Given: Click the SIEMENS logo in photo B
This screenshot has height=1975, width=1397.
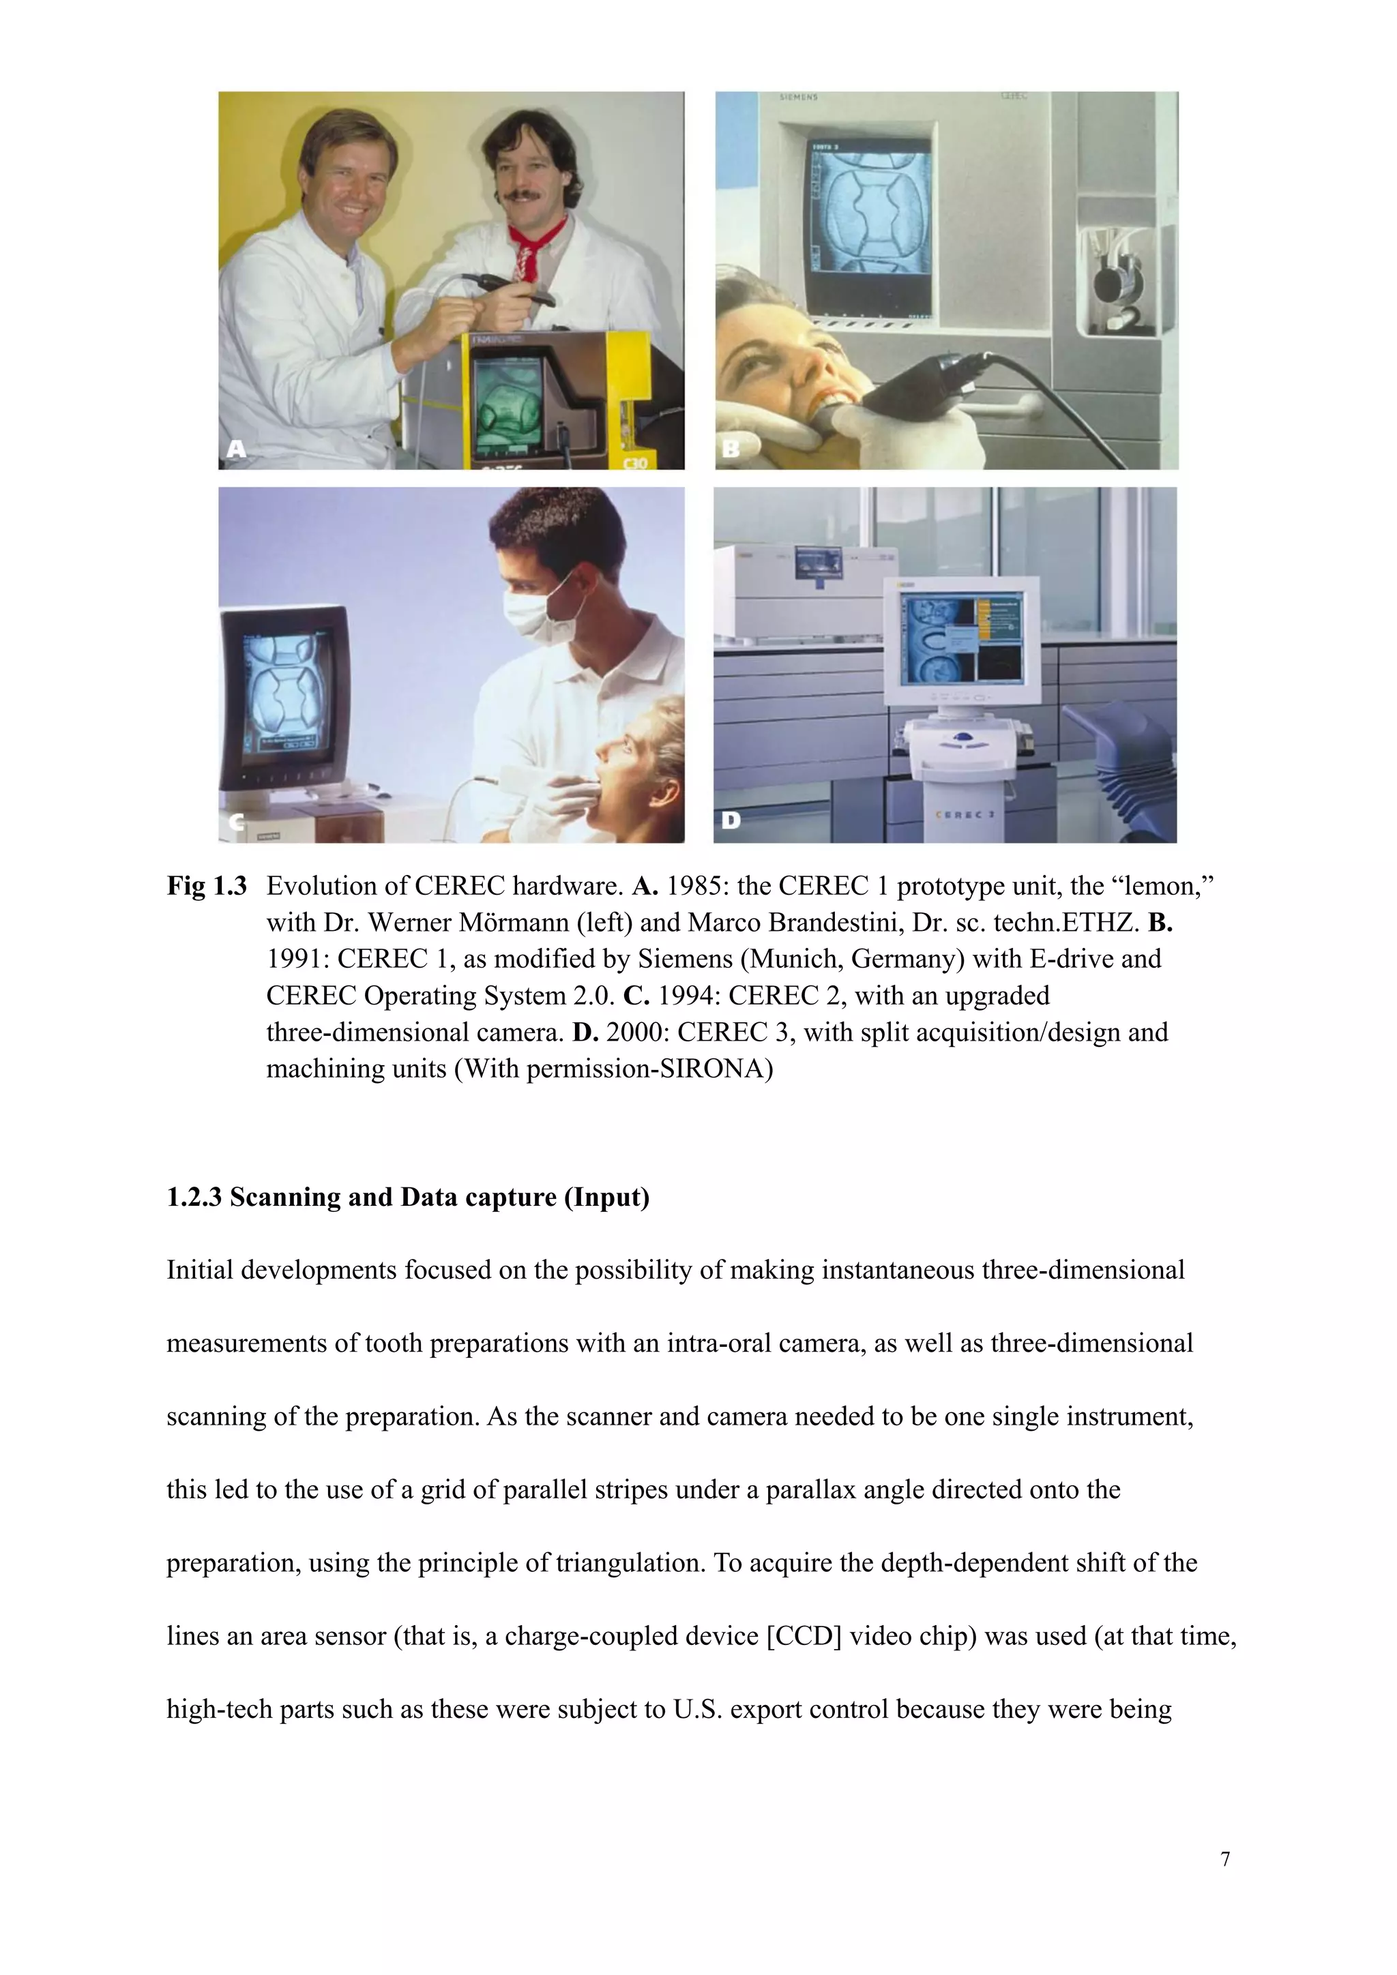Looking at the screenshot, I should coord(798,98).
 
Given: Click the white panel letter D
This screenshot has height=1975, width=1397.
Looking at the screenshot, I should coord(731,820).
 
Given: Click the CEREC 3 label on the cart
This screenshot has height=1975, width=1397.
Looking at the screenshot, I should coord(965,813).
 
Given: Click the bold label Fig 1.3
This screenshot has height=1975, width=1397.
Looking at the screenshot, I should coord(207,886).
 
